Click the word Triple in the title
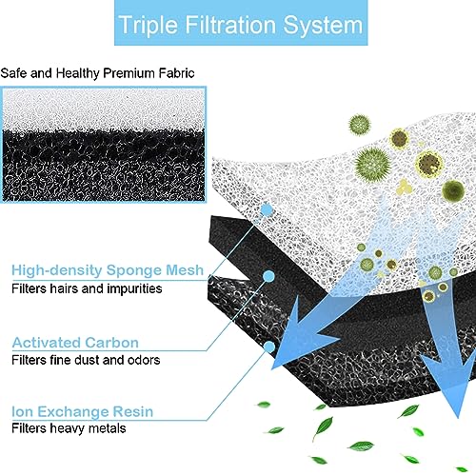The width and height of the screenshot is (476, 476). pos(149,26)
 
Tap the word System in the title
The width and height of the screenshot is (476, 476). pos(323,26)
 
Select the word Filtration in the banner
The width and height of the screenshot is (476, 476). pos(230,25)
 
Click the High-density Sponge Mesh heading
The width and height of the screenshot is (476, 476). pos(108,270)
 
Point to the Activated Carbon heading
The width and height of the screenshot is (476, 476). pos(75,343)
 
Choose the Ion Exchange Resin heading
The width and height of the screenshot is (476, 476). pos(82,412)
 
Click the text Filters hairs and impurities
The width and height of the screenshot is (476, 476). pos(87,288)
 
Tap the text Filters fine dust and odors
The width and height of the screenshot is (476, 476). pos(86,360)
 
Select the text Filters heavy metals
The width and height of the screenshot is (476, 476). pos(69,428)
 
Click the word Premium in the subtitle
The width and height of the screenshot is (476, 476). pos(129,73)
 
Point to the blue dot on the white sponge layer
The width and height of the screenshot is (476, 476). pos(268,209)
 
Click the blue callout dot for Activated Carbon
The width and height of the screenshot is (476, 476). pos(268,276)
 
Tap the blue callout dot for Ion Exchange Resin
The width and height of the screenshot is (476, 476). pos(269,347)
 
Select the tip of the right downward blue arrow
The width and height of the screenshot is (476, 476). pos(458,418)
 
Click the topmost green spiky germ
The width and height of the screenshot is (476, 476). pos(359,125)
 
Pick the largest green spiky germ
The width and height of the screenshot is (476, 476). pos(373,165)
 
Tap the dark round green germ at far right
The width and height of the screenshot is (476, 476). pos(453,189)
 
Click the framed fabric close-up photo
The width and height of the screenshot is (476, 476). pos(103,145)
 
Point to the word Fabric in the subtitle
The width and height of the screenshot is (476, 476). pos(176,73)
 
